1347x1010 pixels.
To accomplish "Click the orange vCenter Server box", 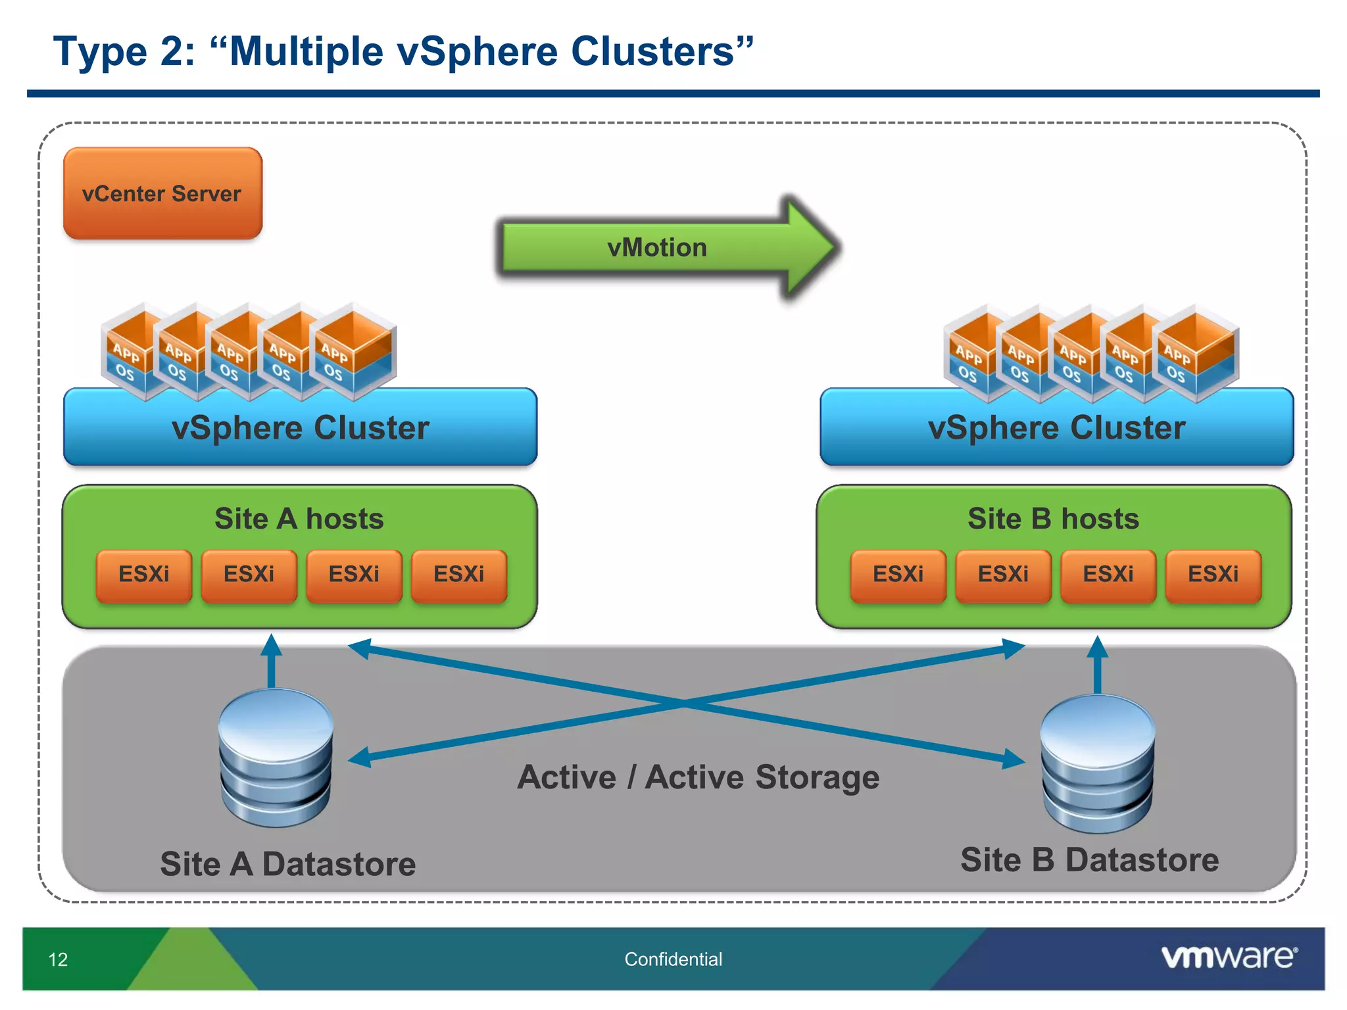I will point(162,193).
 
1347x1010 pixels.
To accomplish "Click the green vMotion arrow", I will point(658,248).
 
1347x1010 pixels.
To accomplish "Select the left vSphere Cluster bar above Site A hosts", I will point(300,428).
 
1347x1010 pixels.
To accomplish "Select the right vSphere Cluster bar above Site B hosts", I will point(1056,428).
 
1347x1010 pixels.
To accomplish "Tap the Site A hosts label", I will point(299,519).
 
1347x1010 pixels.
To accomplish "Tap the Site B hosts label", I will point(1053,519).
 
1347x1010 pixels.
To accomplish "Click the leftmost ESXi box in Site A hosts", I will point(144,575).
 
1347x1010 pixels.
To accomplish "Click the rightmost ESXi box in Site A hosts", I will point(459,575).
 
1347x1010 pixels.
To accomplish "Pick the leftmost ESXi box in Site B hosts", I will point(898,575).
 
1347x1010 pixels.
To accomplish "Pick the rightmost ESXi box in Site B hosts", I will point(1213,575).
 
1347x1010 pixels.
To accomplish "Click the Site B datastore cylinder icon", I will point(1097,763).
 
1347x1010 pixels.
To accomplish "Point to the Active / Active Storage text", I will point(698,777).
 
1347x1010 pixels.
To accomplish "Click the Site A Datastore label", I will point(288,864).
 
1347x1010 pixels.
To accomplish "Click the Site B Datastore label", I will point(1089,860).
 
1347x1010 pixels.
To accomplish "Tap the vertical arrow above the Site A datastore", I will point(272,661).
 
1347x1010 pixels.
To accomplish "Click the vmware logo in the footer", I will point(1229,957).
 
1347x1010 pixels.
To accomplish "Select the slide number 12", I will point(58,959).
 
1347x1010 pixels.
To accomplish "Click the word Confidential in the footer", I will point(673,959).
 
